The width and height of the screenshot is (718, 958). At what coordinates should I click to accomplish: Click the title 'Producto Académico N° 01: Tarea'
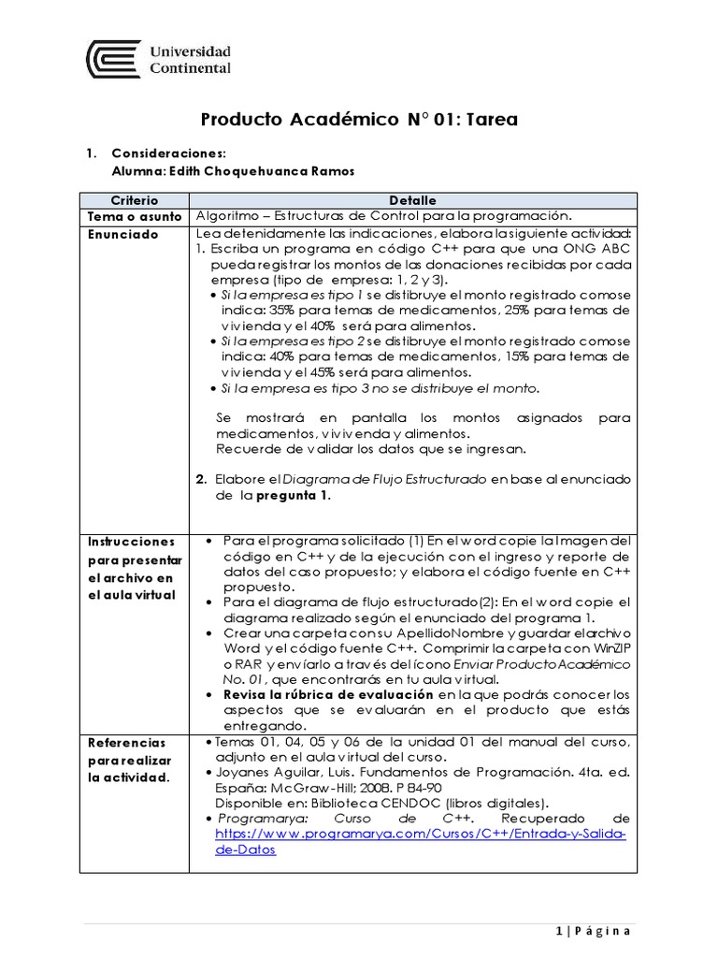pyautogui.click(x=359, y=120)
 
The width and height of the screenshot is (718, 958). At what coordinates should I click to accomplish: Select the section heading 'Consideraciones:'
pyautogui.click(x=168, y=153)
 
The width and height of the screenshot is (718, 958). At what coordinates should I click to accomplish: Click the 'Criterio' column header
pyautogui.click(x=135, y=200)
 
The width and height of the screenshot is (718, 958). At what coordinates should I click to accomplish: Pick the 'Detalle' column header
pyautogui.click(x=411, y=200)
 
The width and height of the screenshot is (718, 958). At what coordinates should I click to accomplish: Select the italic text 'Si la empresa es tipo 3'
pyautogui.click(x=281, y=388)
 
